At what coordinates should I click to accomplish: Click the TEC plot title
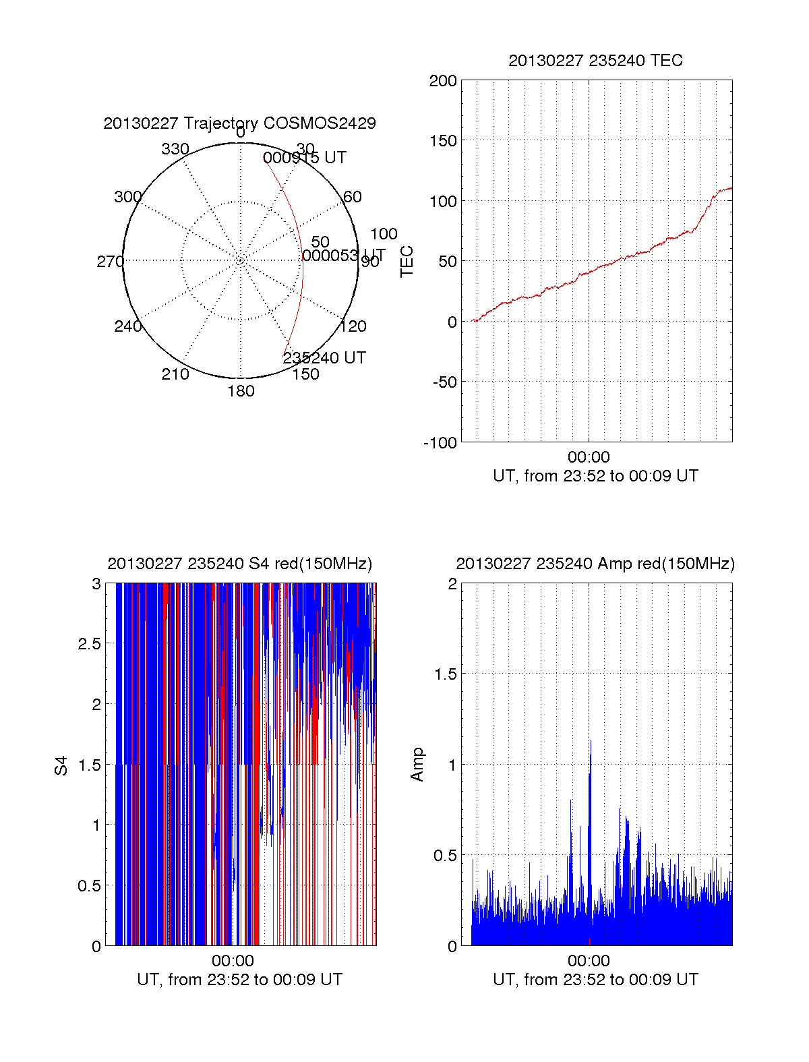[x=595, y=61]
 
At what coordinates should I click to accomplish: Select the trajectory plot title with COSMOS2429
[x=239, y=123]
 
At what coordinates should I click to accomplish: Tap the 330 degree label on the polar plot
[x=175, y=149]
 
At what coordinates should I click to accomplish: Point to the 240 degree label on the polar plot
[x=127, y=326]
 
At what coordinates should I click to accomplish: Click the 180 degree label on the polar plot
[x=241, y=391]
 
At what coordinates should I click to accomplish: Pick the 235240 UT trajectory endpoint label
[x=324, y=358]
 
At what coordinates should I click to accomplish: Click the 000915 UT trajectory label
[x=305, y=158]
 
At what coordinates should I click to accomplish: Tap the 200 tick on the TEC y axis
[x=443, y=81]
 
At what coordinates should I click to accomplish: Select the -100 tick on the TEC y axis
[x=440, y=443]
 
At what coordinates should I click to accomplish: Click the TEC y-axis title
[x=407, y=262]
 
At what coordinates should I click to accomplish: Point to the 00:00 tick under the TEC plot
[x=589, y=458]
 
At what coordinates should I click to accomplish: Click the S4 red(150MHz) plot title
[x=239, y=564]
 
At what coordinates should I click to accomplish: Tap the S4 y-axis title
[x=61, y=765]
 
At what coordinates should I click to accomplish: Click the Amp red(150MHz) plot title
[x=595, y=564]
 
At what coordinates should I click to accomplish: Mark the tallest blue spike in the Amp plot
[x=591, y=742]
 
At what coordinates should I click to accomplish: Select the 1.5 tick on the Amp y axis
[x=446, y=674]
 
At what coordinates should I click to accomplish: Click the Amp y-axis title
[x=417, y=765]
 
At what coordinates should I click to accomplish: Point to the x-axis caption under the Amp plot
[x=595, y=980]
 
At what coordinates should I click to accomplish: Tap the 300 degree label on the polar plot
[x=127, y=197]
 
